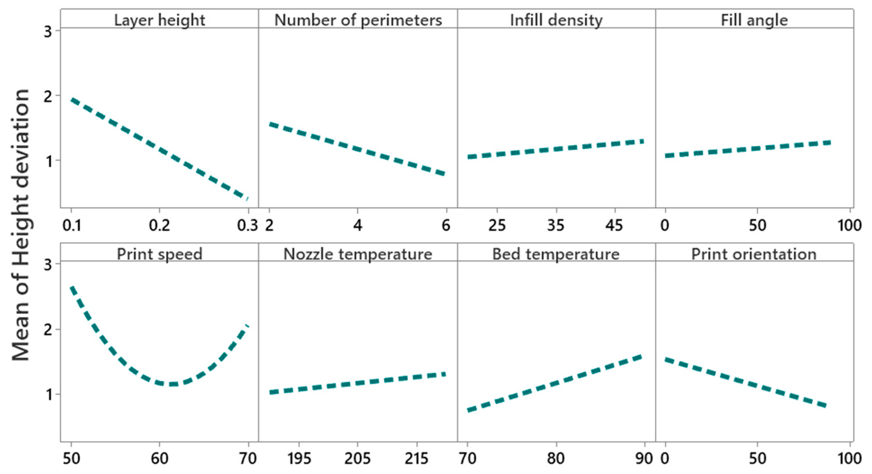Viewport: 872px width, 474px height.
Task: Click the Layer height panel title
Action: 159,20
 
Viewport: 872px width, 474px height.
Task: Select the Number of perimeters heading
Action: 358,20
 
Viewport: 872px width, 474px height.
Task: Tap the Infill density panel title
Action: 556,20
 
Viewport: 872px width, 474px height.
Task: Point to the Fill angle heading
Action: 754,20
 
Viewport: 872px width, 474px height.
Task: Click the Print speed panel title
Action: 159,254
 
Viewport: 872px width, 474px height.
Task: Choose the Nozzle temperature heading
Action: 358,254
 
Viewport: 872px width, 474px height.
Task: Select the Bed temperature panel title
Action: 556,254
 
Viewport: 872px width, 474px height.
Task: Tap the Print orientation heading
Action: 754,254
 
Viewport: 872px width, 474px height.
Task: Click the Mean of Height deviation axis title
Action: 20,225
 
